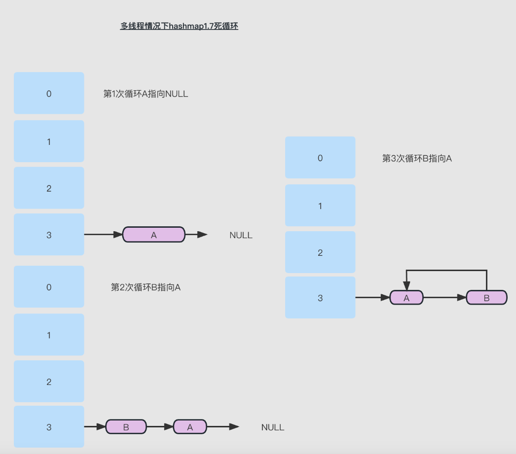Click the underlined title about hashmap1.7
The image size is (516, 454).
click(x=179, y=27)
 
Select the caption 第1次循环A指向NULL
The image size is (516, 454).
click(x=146, y=94)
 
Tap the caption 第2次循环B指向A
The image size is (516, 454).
click(x=146, y=287)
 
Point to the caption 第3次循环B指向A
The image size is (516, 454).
click(x=417, y=158)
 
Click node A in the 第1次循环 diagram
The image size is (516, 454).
click(x=153, y=235)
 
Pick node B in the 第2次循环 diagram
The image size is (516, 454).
click(x=126, y=427)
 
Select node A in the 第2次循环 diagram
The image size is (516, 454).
click(x=190, y=427)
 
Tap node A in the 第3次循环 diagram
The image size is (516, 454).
click(x=406, y=298)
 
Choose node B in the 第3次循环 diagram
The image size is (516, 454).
click(x=486, y=298)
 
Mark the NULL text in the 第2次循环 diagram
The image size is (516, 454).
click(x=273, y=427)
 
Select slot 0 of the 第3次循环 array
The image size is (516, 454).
click(x=320, y=158)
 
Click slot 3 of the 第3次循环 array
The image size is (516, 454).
click(x=320, y=298)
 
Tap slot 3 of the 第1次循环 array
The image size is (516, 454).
click(x=49, y=235)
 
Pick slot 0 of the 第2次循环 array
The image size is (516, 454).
click(x=49, y=287)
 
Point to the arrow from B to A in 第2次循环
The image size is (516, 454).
click(x=160, y=427)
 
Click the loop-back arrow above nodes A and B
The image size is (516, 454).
click(x=446, y=270)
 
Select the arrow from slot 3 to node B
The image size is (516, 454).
click(x=95, y=427)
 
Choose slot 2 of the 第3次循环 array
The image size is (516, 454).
click(x=320, y=252)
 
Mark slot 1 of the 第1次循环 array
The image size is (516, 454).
click(x=49, y=141)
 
